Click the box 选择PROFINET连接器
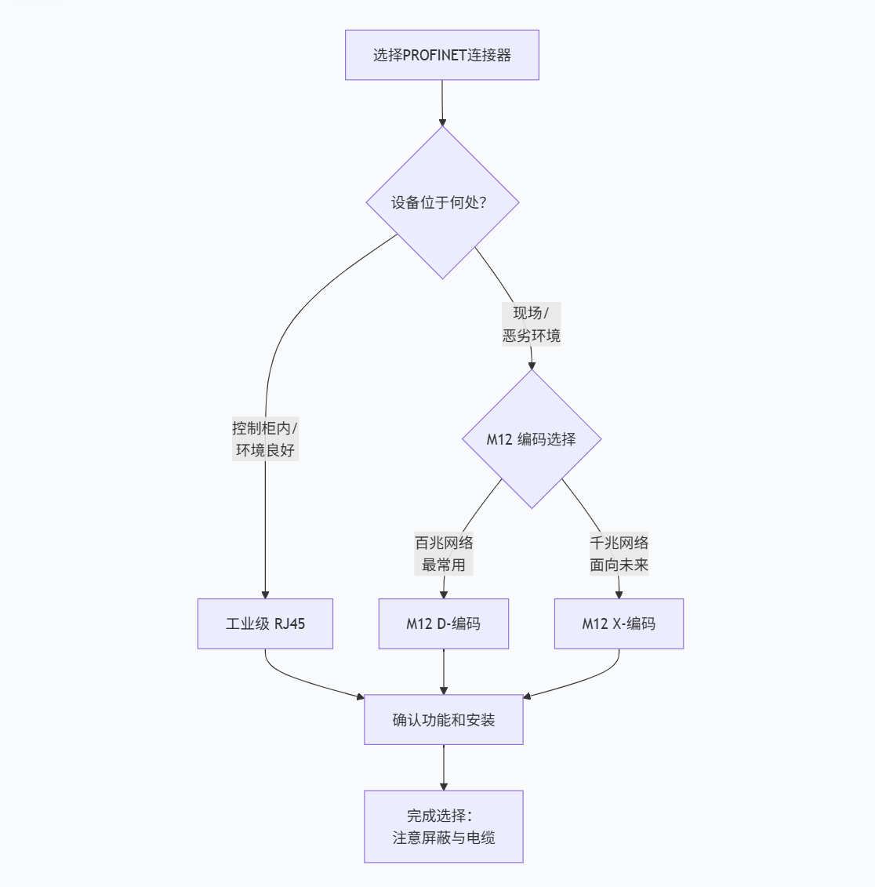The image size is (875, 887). click(442, 55)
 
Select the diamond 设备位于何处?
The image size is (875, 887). click(442, 202)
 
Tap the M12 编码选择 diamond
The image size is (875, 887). click(532, 439)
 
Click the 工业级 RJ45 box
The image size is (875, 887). click(265, 624)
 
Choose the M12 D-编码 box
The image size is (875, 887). click(444, 624)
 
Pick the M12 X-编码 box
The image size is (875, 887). click(619, 624)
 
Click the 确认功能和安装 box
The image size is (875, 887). click(444, 720)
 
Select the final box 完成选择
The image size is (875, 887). click(444, 827)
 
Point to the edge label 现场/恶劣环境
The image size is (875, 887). click(532, 324)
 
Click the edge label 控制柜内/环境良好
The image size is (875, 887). click(265, 439)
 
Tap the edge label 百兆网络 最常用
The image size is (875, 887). click(444, 554)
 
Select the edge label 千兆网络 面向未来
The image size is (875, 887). click(619, 554)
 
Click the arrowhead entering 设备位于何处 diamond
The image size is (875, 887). click(442, 122)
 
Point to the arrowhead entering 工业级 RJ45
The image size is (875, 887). click(265, 594)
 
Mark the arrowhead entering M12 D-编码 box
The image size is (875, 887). click(444, 594)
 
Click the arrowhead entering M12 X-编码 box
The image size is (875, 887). click(619, 594)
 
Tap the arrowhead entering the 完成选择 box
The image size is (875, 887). click(444, 786)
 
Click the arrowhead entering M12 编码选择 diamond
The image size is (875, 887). click(532, 365)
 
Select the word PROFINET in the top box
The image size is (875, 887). click(434, 55)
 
